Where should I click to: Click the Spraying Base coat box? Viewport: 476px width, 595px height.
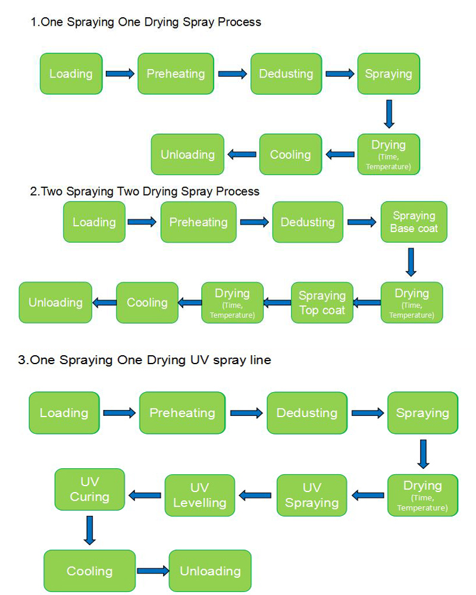[414, 222]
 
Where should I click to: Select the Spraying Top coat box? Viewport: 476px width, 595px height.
[322, 302]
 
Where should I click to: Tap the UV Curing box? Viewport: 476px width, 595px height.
[90, 489]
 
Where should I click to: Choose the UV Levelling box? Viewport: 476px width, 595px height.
[200, 495]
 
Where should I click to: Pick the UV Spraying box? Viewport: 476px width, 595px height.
[312, 495]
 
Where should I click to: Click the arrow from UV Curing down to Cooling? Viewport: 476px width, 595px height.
[90, 530]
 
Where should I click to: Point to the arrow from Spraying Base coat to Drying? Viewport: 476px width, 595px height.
[411, 262]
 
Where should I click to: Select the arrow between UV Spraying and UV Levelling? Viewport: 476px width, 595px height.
[255, 495]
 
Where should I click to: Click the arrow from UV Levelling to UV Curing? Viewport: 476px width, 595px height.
[145, 495]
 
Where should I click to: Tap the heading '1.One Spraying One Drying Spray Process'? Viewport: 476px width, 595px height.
[146, 22]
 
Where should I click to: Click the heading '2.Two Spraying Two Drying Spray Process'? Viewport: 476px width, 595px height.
[145, 191]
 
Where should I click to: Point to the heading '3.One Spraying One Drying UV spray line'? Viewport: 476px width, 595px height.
[144, 360]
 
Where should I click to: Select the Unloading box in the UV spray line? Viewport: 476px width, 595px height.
[210, 571]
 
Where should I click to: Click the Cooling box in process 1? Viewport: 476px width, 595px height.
[290, 155]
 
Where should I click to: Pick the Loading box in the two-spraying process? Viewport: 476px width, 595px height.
[94, 222]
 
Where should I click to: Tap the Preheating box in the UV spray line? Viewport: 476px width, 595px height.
[182, 413]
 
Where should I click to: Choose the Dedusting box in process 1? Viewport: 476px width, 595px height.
[286, 74]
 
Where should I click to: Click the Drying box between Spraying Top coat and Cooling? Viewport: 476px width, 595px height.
[232, 302]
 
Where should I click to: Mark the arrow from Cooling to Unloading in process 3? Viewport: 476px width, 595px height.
[153, 571]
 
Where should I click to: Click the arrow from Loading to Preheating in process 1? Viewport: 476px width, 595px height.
[120, 74]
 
